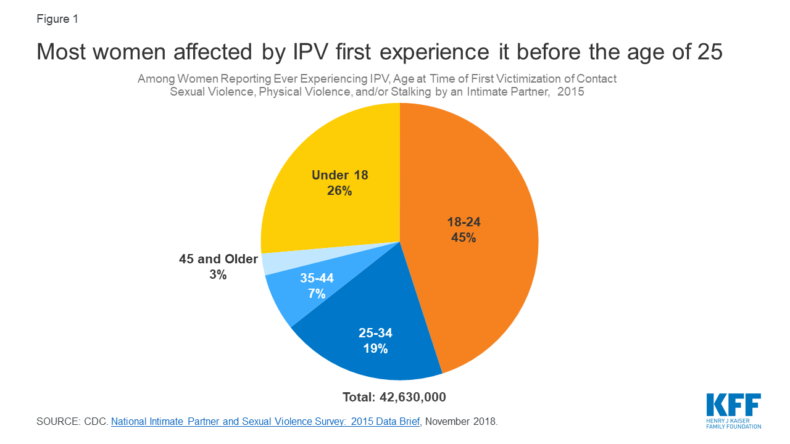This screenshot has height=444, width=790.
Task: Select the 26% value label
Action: [339, 191]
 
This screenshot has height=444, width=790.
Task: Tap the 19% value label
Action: [375, 348]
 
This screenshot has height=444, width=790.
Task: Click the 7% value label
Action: [317, 294]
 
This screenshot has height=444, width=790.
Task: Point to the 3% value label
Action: [218, 275]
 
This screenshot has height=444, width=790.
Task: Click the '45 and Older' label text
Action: [218, 259]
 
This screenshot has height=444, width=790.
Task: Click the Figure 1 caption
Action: [57, 18]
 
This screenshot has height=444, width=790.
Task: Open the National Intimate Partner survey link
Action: [265, 422]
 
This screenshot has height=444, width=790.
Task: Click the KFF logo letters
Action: [733, 406]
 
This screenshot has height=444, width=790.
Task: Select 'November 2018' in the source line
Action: [461, 422]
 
